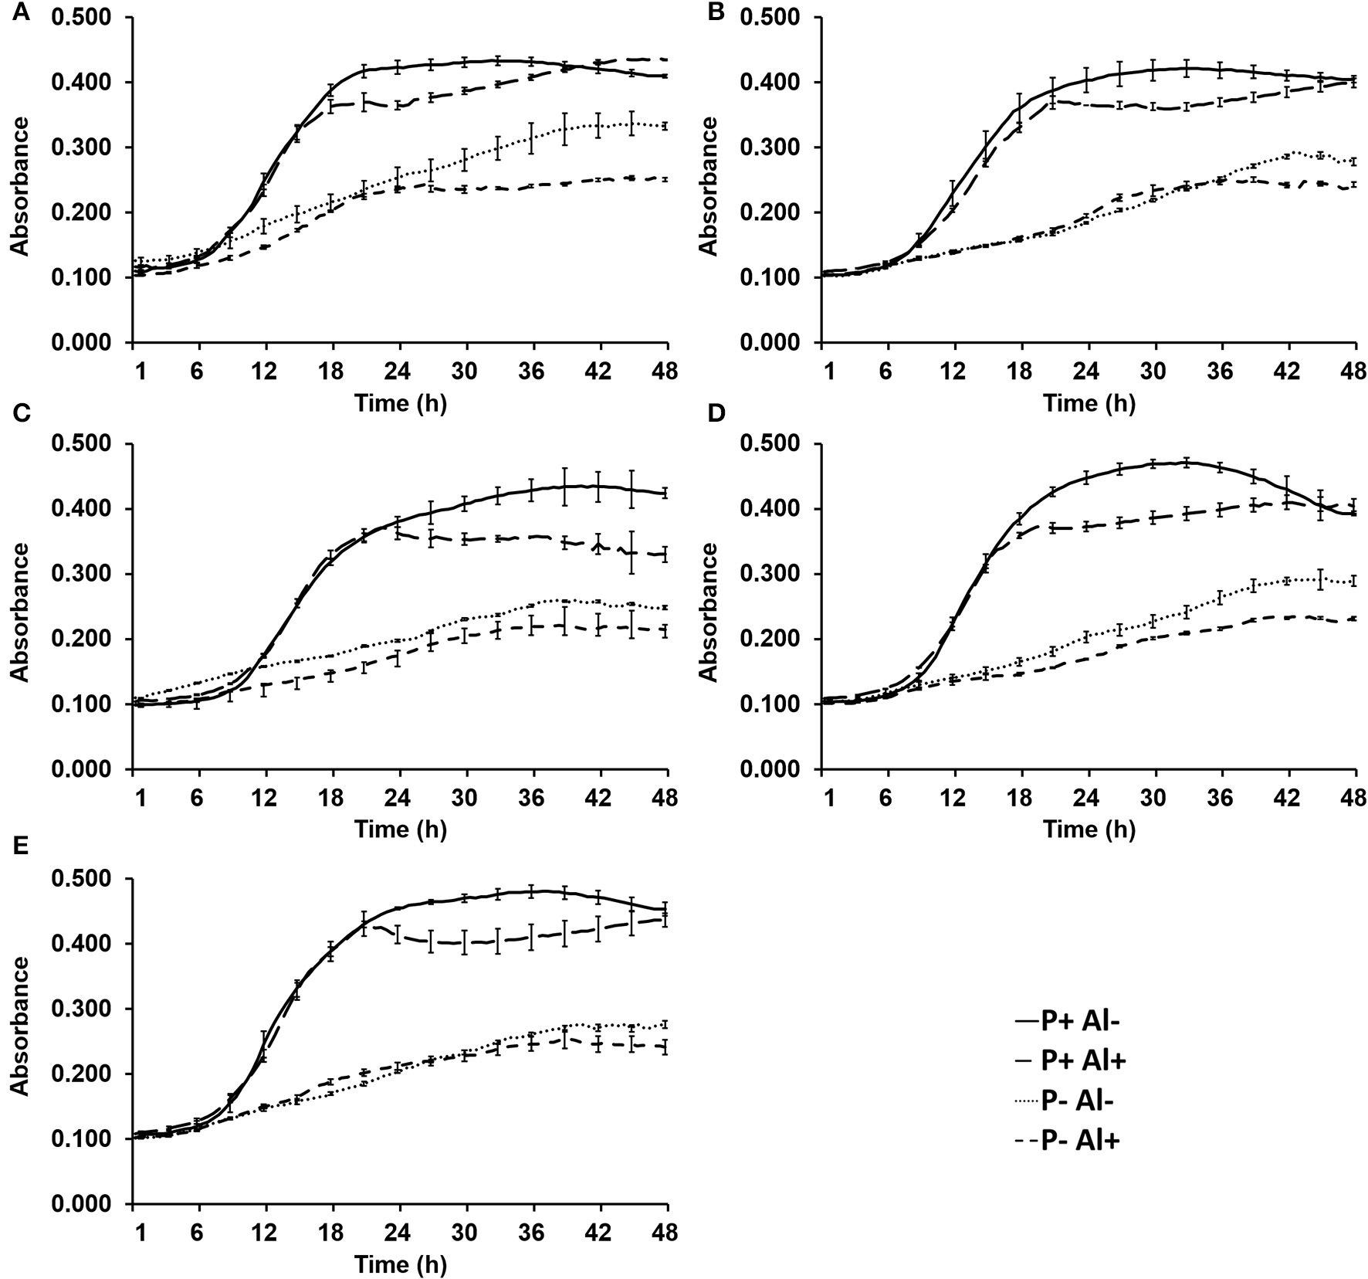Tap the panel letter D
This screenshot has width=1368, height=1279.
click(716, 414)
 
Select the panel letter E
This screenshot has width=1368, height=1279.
click(21, 845)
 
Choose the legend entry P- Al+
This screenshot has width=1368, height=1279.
click(1079, 1140)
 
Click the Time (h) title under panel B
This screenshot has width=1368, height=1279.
click(1089, 402)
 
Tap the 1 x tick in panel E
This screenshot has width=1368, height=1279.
click(140, 1233)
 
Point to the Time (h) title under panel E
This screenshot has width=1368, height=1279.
click(400, 1264)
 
